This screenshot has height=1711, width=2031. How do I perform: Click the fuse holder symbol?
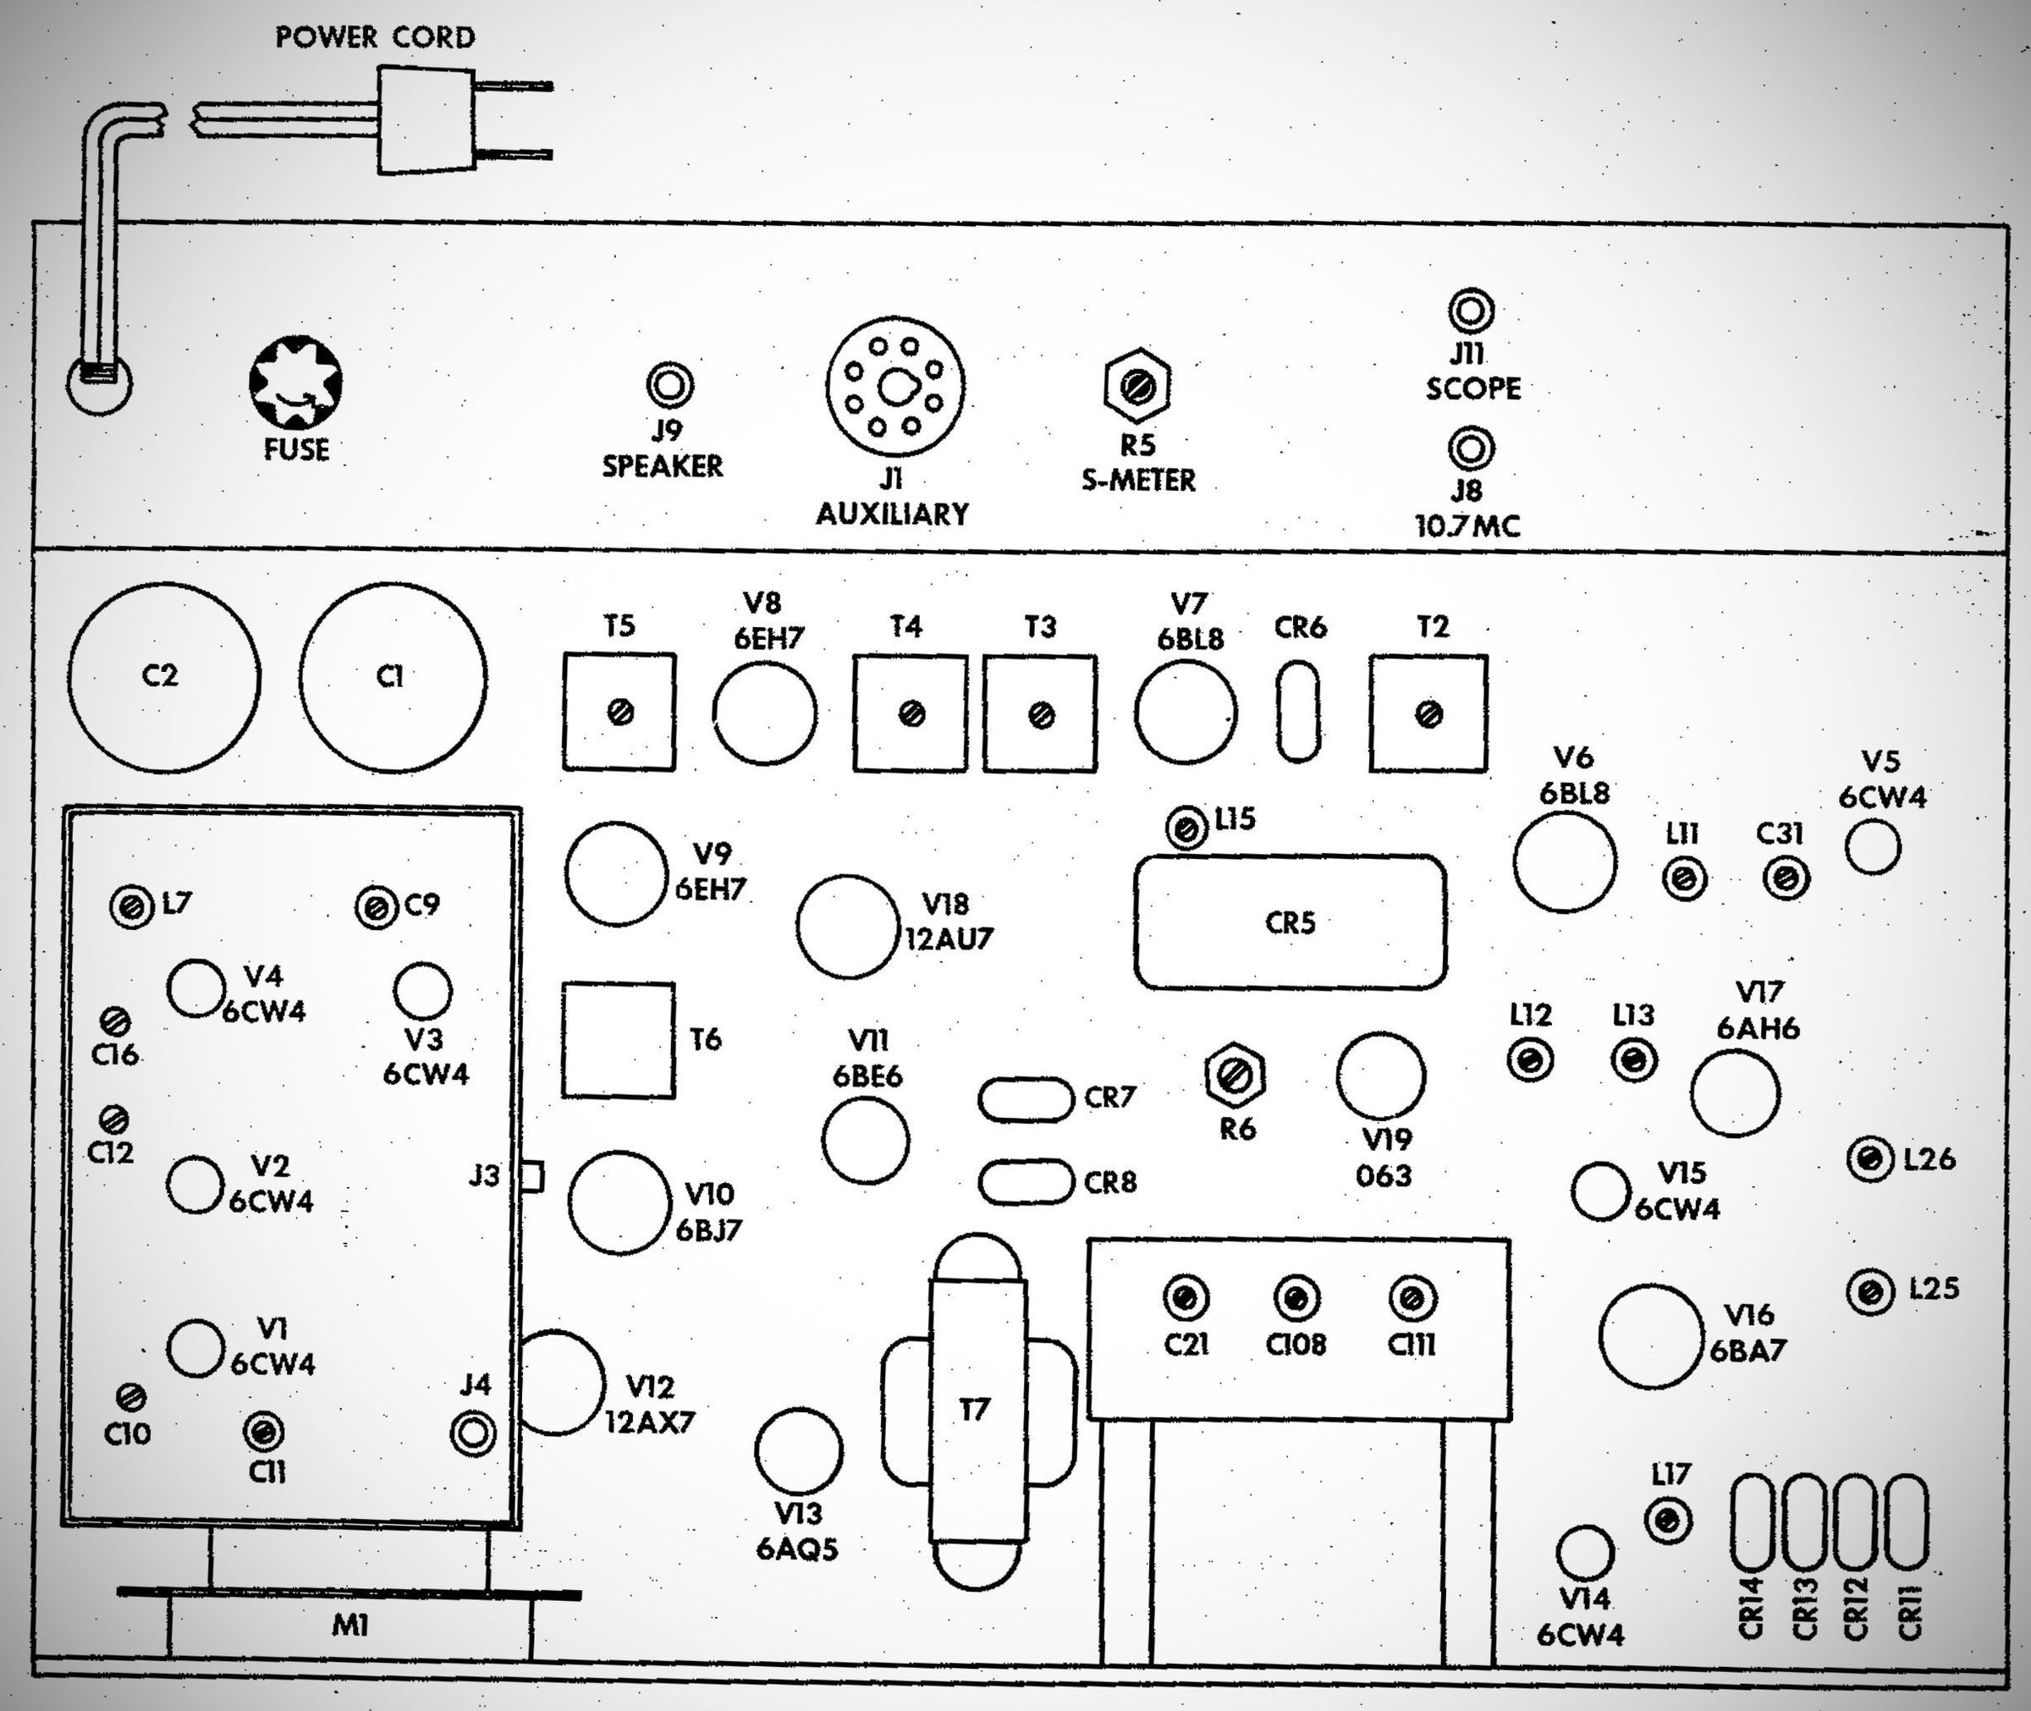tap(296, 383)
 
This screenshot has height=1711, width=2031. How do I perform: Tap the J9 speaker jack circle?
tap(669, 385)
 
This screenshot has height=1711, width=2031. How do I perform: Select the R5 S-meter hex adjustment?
tap(1137, 386)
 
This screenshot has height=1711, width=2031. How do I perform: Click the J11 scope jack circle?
tap(1471, 311)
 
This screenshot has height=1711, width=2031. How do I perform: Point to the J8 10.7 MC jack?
tap(1471, 449)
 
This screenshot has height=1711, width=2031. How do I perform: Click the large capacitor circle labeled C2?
tap(164, 678)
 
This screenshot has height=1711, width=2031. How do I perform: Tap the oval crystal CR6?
tap(1298, 711)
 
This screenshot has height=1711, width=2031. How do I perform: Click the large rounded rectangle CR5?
tap(1290, 922)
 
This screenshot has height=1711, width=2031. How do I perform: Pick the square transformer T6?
tap(618, 1040)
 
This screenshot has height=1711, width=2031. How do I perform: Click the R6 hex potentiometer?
tap(1235, 1076)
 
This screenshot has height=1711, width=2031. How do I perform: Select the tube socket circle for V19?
tap(1380, 1076)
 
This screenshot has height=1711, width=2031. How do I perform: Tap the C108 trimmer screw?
tap(1296, 1299)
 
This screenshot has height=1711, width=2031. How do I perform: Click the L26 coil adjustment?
tap(1870, 1159)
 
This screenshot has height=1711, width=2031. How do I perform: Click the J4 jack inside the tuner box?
tap(473, 1433)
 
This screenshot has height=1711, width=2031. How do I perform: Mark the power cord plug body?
tap(426, 120)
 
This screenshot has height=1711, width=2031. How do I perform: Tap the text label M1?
tap(350, 1625)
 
